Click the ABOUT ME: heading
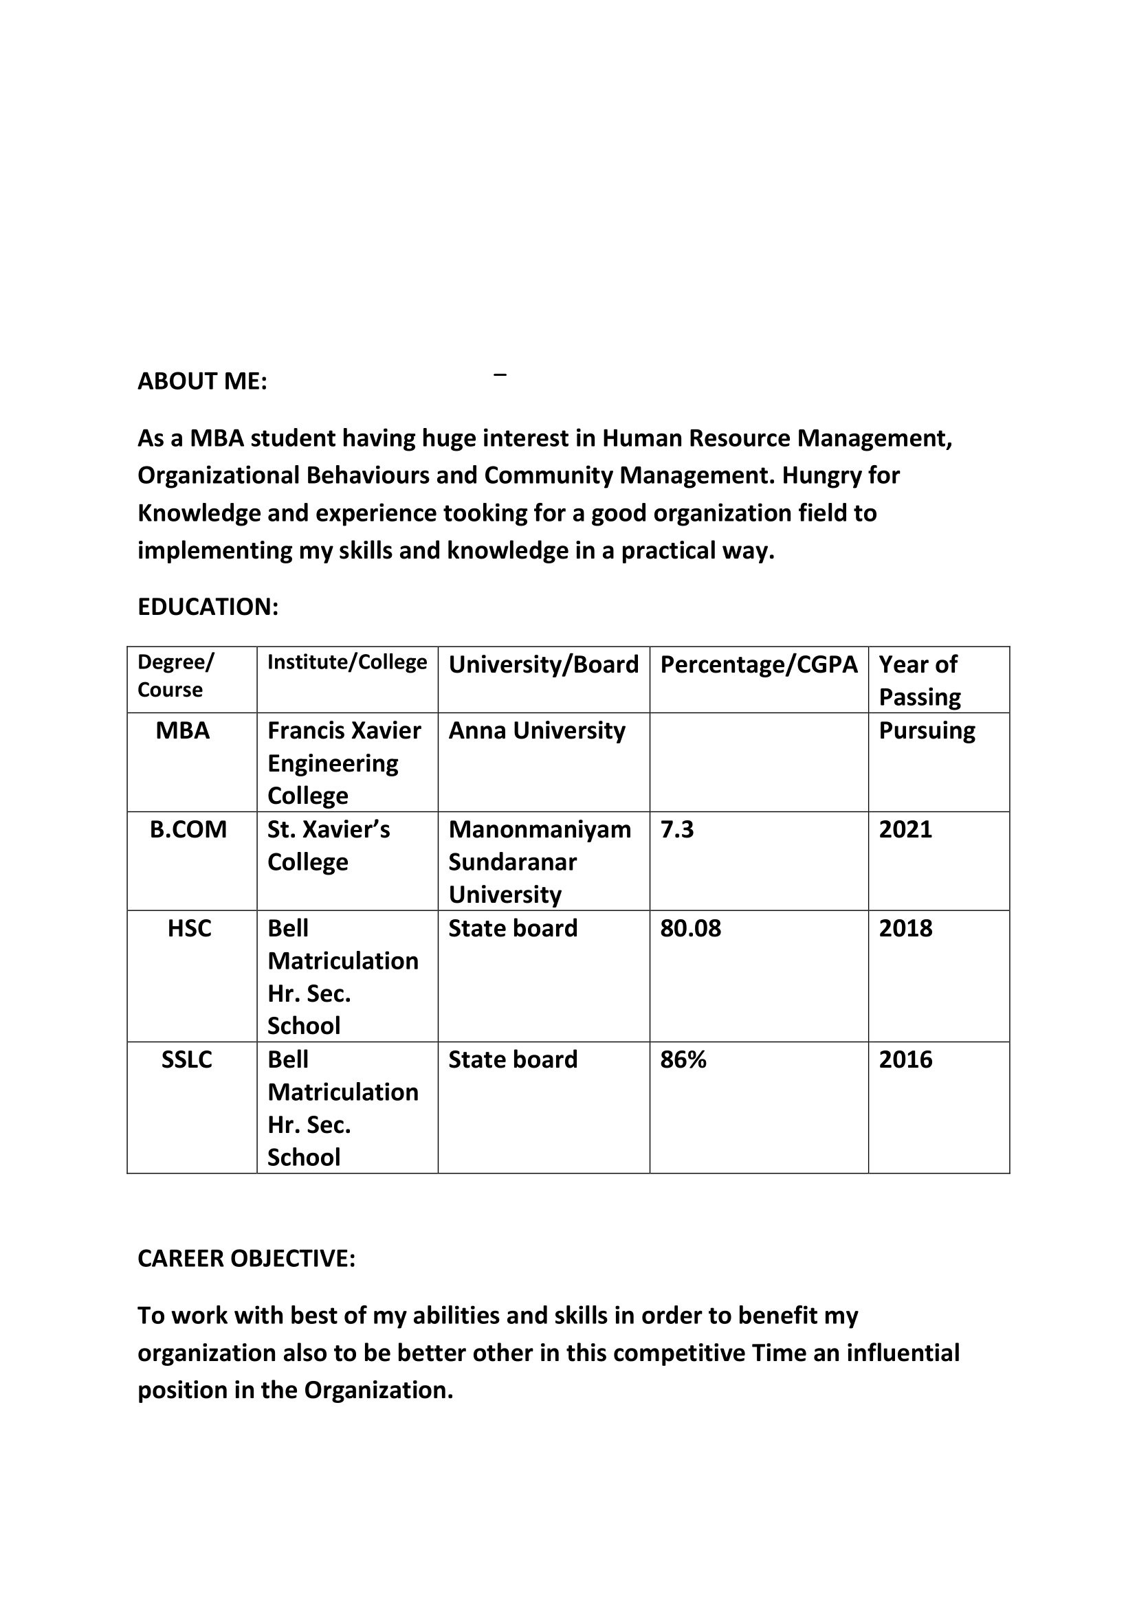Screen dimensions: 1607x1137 [x=202, y=381]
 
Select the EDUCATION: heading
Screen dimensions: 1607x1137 [x=208, y=607]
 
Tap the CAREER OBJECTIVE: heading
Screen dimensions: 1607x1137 [x=247, y=1259]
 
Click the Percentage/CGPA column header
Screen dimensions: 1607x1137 [x=758, y=664]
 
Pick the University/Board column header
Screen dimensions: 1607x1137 [x=543, y=664]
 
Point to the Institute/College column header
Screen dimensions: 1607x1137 [x=346, y=662]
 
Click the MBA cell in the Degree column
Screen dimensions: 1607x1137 [x=183, y=731]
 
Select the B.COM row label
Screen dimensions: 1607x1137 [x=188, y=829]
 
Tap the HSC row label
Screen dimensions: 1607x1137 [x=189, y=929]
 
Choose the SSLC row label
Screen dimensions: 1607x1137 [x=187, y=1059]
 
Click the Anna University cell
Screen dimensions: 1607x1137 [x=536, y=731]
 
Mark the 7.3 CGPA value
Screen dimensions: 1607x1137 [x=676, y=829]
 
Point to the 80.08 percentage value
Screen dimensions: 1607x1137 [x=690, y=929]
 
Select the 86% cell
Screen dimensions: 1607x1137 [x=683, y=1059]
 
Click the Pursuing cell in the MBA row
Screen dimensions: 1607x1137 [x=926, y=731]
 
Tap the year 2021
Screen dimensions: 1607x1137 [x=905, y=829]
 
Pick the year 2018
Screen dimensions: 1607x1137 [x=905, y=929]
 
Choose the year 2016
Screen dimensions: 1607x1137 [x=905, y=1059]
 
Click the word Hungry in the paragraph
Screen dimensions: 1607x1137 [x=821, y=476]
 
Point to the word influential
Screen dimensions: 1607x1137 [x=903, y=1353]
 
